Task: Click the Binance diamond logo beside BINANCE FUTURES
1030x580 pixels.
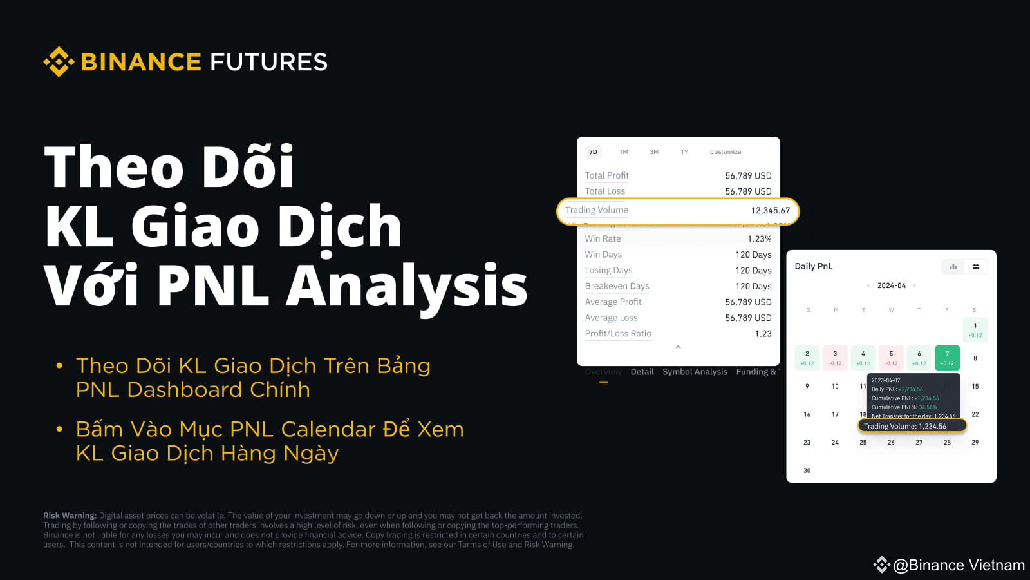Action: (x=59, y=62)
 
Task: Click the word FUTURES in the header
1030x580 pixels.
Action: (x=268, y=62)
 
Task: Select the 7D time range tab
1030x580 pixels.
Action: (x=593, y=152)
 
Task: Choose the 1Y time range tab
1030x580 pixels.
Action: (x=684, y=152)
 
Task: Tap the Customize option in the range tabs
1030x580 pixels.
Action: (x=725, y=152)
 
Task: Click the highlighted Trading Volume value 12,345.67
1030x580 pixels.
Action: (x=770, y=211)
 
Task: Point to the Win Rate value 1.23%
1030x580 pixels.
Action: (x=759, y=239)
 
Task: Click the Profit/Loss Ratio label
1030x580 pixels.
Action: (x=618, y=334)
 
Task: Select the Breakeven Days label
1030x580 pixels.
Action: (x=617, y=286)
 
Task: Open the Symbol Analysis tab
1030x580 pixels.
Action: (x=695, y=372)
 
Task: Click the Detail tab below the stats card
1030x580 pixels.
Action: (x=642, y=372)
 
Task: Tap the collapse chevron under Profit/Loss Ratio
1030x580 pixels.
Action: (x=678, y=347)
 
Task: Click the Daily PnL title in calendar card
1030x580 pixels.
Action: (x=813, y=266)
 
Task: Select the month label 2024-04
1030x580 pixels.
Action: (x=891, y=285)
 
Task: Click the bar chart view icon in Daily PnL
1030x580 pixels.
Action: (x=953, y=267)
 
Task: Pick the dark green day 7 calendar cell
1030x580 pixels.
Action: (x=947, y=358)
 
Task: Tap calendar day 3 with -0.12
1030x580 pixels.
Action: (x=835, y=358)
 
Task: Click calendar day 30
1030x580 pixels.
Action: (x=807, y=470)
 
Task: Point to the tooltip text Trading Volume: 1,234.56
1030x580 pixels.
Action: (x=904, y=426)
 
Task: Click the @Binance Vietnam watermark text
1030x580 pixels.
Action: (x=958, y=565)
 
